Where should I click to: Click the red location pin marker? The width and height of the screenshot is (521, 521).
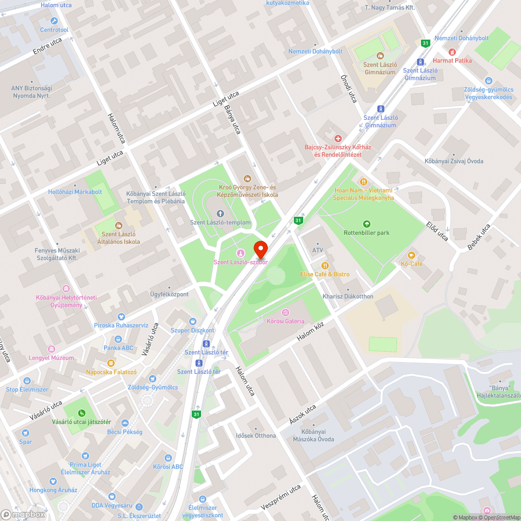point(260,249)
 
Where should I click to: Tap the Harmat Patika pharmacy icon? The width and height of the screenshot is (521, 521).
point(451,52)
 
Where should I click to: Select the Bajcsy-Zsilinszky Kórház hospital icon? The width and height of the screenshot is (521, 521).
point(338,139)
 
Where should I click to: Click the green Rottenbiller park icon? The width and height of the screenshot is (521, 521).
point(367,224)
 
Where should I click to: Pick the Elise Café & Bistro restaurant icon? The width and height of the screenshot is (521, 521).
point(325,265)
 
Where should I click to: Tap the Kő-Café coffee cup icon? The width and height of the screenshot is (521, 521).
point(411,255)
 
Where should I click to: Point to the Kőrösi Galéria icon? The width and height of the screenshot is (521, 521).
point(285,313)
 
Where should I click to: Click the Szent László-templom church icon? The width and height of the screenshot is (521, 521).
point(220,214)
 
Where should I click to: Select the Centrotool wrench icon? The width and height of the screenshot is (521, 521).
point(54,21)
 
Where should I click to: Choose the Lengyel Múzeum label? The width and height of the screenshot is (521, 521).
point(51,358)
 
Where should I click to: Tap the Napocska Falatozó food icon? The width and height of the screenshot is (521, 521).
point(110,363)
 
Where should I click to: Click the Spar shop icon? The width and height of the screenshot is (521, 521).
point(26,433)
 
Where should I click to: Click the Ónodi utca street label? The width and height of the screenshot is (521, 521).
point(349,88)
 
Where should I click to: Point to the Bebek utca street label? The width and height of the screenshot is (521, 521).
point(479,237)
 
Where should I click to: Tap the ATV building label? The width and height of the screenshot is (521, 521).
point(317,250)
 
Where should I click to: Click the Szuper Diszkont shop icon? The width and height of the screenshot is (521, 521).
point(192,322)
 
